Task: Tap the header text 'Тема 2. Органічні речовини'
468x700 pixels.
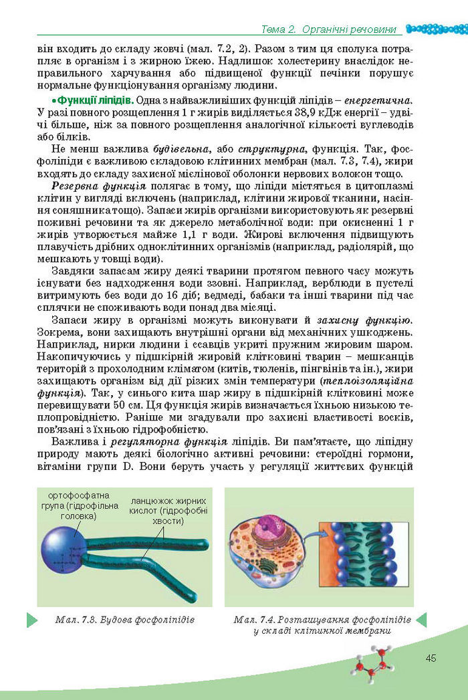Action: pos(329,29)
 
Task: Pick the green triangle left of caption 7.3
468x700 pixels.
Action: pos(31,619)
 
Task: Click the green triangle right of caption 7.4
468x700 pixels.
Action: pos(421,619)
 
